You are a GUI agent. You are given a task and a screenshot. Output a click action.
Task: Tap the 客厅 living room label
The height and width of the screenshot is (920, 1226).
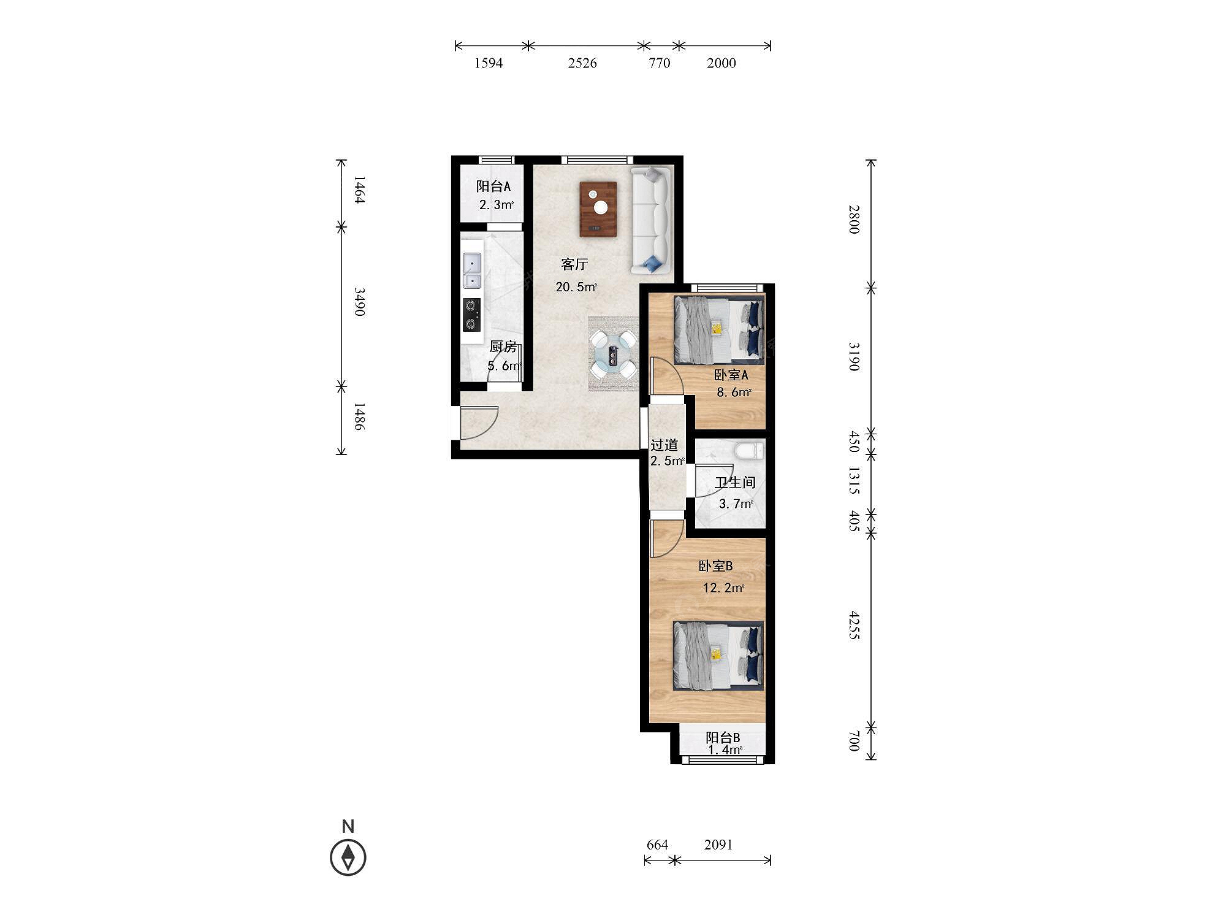[574, 264]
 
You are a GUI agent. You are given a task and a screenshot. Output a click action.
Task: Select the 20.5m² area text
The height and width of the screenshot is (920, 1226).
[576, 286]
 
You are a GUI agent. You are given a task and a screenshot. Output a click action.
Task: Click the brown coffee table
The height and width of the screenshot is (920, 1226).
[598, 209]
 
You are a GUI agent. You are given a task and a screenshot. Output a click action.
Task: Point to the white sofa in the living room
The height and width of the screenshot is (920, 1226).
[652, 220]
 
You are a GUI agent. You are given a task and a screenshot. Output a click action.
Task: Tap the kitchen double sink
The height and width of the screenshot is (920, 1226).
[472, 270]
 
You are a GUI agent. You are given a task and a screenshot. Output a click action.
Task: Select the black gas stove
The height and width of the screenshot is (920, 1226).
[471, 315]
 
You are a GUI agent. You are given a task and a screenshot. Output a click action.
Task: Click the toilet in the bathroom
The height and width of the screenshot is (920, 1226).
[749, 450]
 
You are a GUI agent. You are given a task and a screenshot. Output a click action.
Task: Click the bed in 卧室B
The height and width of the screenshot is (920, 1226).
[718, 656]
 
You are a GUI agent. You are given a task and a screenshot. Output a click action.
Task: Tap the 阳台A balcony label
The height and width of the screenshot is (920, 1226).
[493, 186]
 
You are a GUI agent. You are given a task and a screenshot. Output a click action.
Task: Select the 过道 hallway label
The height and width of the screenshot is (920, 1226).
[664, 445]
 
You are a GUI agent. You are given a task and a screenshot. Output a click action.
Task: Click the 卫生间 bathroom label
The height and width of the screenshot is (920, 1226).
[735, 483]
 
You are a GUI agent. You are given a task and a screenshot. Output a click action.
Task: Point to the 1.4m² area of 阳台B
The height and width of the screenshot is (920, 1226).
[725, 750]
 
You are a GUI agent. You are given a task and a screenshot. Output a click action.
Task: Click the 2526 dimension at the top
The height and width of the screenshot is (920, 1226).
[582, 63]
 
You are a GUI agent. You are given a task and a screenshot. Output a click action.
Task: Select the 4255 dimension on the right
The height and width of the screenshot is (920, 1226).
[854, 626]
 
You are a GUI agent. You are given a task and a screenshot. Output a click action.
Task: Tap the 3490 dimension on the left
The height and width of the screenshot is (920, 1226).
[359, 302]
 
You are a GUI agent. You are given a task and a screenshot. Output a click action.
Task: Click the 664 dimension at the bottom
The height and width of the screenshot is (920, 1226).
[657, 845]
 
